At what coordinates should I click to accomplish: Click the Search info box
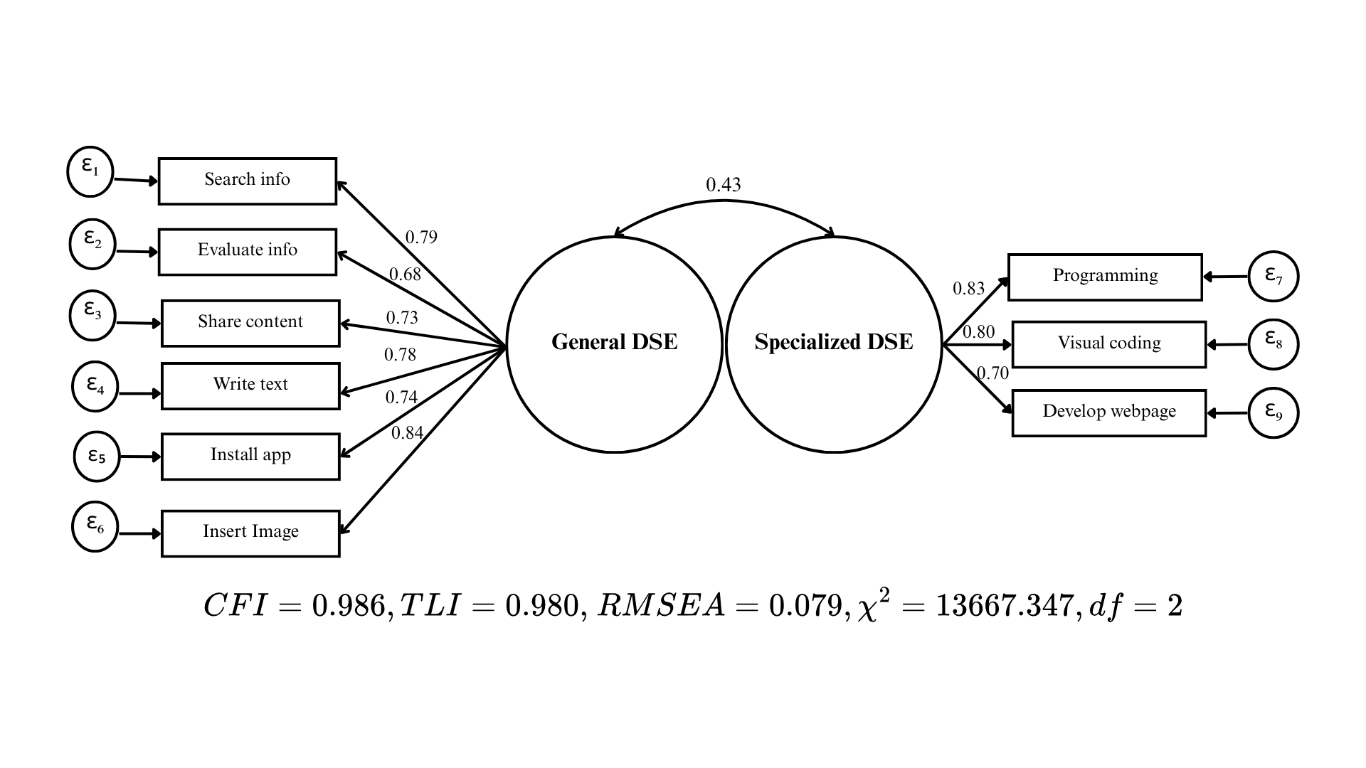(x=247, y=181)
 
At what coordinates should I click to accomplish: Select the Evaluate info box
(x=247, y=252)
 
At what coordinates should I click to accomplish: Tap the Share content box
(x=250, y=324)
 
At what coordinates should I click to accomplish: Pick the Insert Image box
(x=250, y=533)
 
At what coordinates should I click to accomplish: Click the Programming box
(x=1105, y=277)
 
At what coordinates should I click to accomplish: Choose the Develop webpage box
(x=1108, y=412)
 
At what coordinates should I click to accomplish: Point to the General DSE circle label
(x=614, y=342)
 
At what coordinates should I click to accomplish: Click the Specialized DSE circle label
(x=833, y=342)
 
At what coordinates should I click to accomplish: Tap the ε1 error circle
(x=90, y=171)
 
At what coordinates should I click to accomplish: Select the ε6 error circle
(x=95, y=527)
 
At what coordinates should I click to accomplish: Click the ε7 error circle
(x=1274, y=276)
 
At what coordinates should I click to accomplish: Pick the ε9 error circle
(x=1274, y=412)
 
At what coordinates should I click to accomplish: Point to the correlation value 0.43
(x=723, y=185)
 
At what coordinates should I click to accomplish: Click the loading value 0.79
(x=421, y=237)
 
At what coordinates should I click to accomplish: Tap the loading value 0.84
(x=407, y=432)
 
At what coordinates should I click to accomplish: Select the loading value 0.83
(x=968, y=288)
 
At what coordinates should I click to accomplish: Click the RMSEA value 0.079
(x=805, y=605)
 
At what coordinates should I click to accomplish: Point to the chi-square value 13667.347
(x=1004, y=605)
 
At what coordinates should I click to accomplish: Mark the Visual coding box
(x=1108, y=344)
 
